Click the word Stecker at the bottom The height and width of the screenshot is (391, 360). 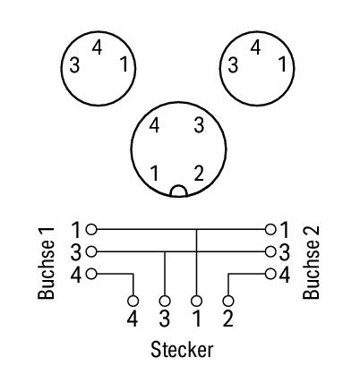click(x=182, y=350)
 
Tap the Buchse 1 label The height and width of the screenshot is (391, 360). click(x=47, y=263)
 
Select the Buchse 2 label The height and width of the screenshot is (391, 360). click(x=312, y=262)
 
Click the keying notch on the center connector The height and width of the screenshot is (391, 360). click(x=178, y=191)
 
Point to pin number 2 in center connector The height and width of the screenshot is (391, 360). click(x=199, y=174)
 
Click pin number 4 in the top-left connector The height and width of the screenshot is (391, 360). click(x=97, y=47)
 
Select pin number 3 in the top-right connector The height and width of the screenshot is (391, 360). click(x=233, y=65)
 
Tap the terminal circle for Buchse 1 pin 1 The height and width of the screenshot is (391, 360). click(x=91, y=230)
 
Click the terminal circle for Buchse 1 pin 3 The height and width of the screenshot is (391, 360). click(x=91, y=251)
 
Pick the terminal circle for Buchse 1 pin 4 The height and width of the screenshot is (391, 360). click(x=91, y=274)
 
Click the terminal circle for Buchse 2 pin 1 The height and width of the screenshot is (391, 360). click(x=270, y=230)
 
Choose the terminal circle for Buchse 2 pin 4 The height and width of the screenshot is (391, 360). click(x=270, y=274)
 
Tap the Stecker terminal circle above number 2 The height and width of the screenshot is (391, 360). click(x=228, y=302)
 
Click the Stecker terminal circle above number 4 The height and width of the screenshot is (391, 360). click(x=133, y=302)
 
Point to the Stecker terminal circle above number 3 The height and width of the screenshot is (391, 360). click(x=165, y=302)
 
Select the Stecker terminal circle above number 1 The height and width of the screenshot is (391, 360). click(x=196, y=302)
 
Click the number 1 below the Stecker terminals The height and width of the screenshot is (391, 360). click(x=197, y=319)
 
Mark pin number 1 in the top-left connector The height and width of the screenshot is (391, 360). click(x=124, y=64)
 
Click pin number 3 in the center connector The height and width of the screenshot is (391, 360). click(x=199, y=125)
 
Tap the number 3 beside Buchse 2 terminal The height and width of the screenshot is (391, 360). click(x=284, y=252)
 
